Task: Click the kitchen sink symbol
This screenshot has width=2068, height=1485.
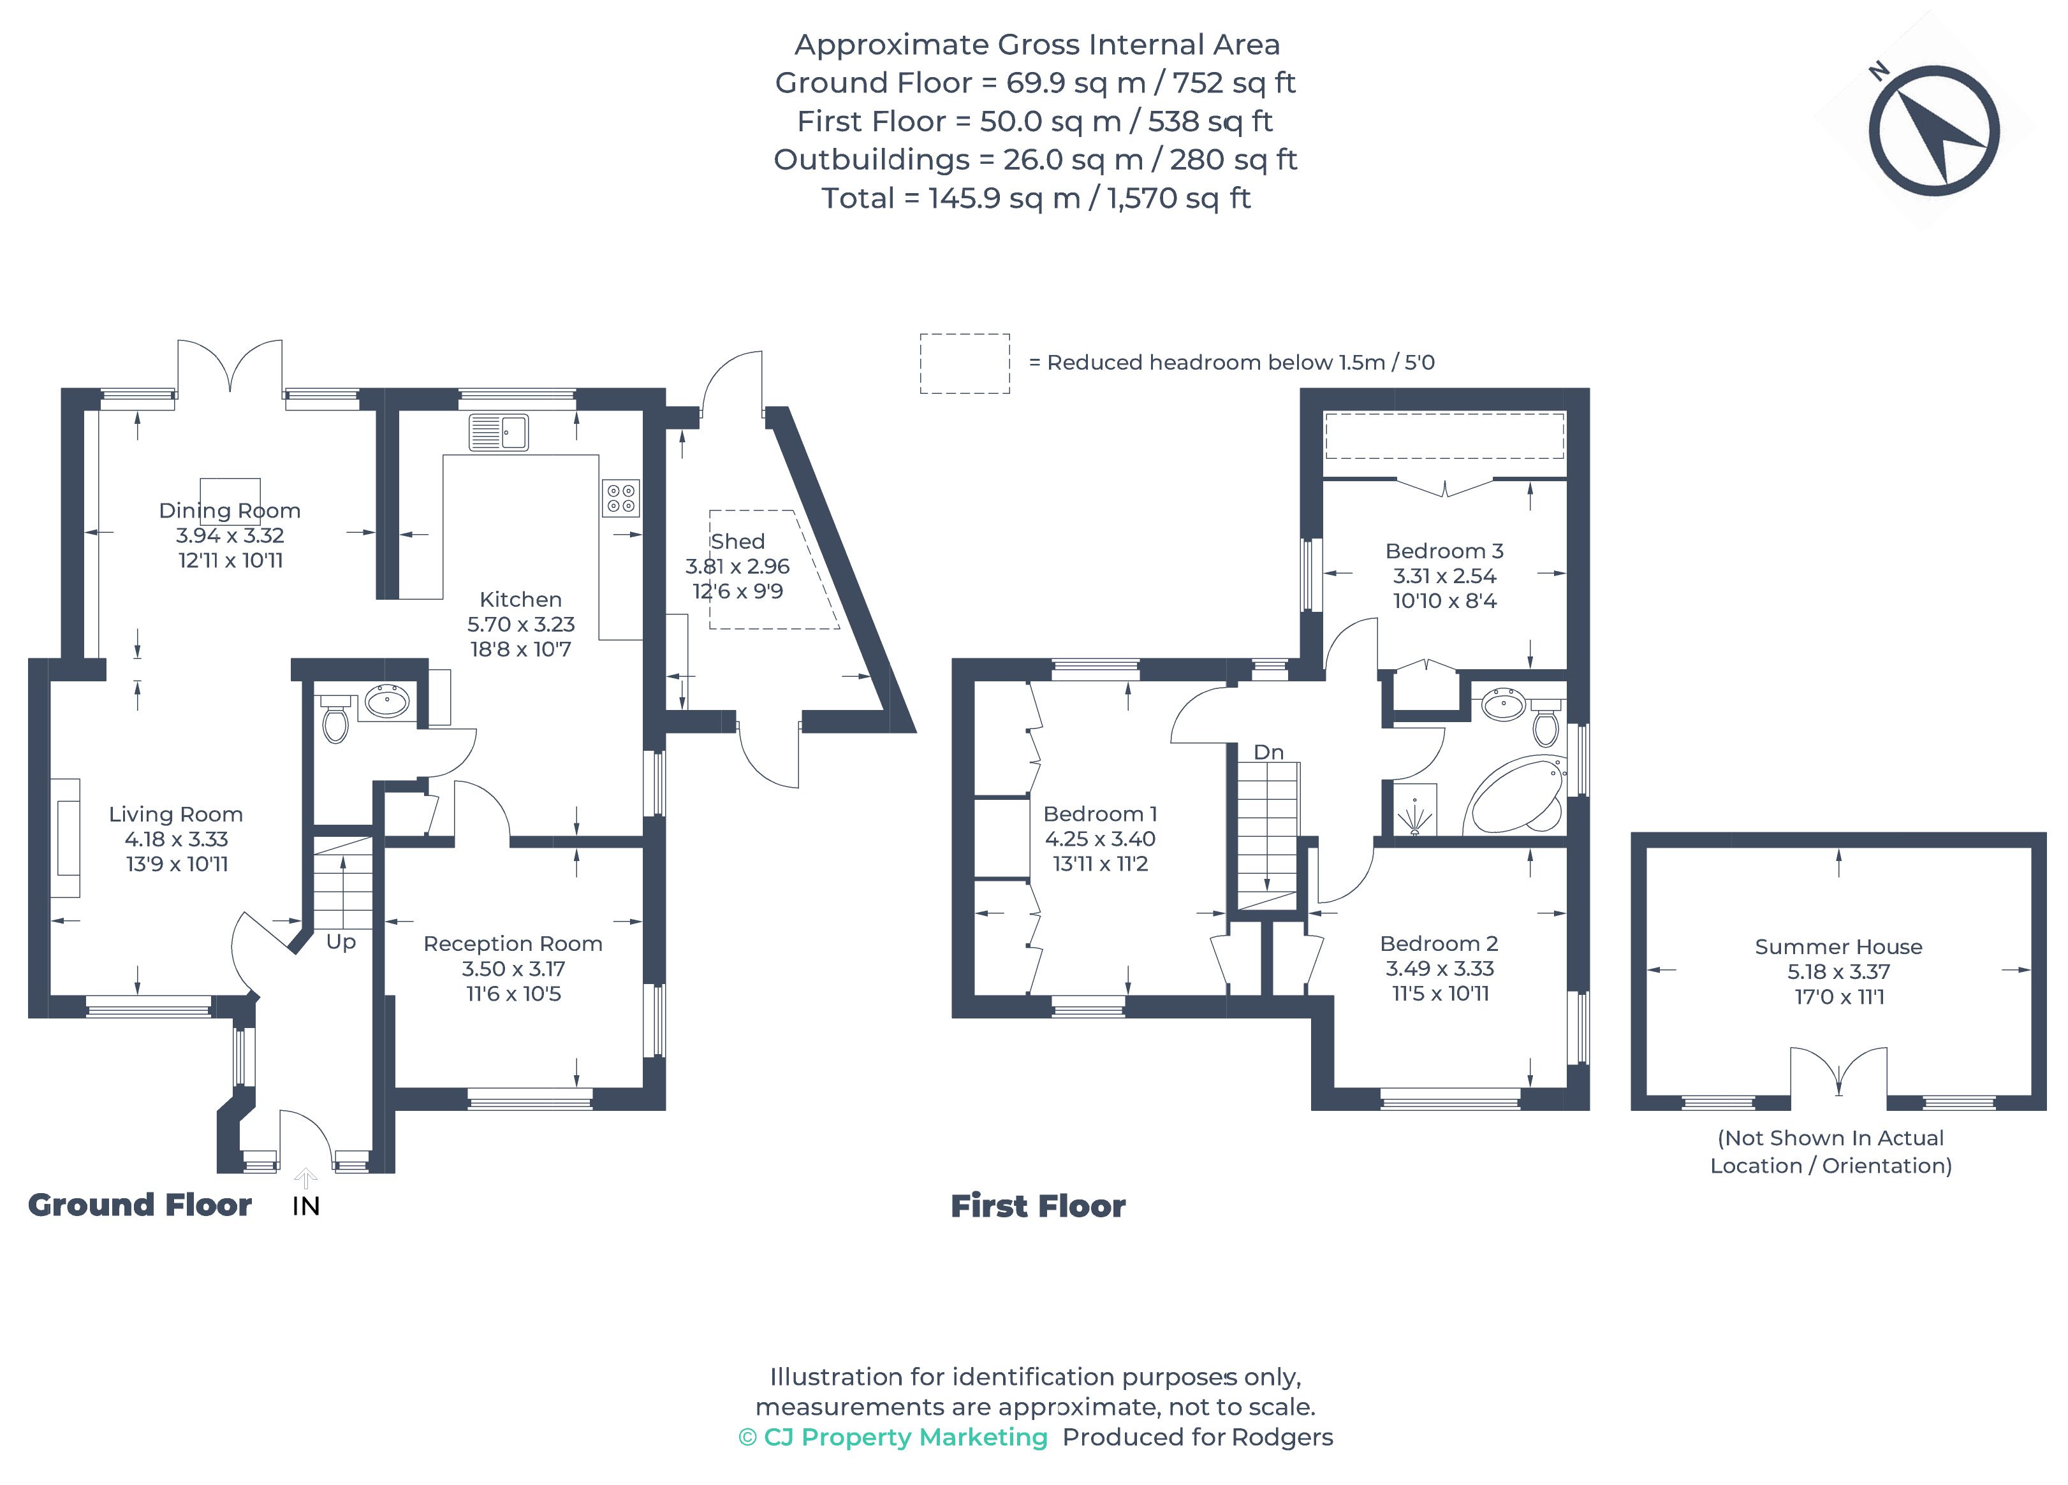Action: point(499,432)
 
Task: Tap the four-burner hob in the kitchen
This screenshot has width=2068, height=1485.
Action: point(621,498)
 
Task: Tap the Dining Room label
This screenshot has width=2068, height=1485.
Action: point(230,511)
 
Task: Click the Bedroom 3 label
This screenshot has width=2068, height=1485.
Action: point(1444,551)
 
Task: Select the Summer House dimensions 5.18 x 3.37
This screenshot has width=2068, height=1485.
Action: point(1838,972)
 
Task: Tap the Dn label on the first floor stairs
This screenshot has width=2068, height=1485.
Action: point(1268,752)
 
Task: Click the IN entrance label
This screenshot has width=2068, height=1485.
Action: point(305,1206)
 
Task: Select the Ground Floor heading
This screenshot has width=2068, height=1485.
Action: point(140,1205)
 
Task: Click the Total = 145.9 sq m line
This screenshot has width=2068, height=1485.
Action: point(1035,198)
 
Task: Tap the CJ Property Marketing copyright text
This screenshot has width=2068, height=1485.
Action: point(893,1437)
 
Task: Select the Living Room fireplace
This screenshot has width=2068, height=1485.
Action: point(66,837)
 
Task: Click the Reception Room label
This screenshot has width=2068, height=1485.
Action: point(513,943)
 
